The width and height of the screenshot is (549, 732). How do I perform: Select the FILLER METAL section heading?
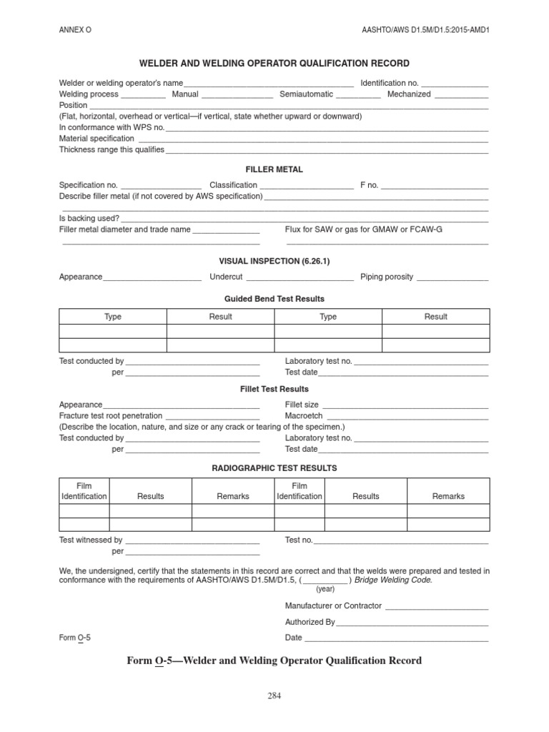274,169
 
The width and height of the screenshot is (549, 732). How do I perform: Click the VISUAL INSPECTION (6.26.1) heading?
274,261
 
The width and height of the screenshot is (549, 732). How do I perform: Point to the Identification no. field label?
390,84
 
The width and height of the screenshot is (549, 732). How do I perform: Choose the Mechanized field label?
409,94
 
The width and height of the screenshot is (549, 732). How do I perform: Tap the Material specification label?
97,139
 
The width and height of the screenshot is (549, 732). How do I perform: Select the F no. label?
369,185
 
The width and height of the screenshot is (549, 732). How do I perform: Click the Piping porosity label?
387,277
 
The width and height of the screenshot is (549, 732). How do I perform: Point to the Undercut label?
226,277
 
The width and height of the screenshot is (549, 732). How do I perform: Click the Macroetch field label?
304,416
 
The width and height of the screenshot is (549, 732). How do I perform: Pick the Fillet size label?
302,405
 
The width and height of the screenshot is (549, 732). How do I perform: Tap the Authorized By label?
310,622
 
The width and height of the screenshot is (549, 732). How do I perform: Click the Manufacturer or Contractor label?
333,606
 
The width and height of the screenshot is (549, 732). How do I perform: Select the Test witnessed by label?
91,540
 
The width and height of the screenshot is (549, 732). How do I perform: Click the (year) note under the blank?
325,589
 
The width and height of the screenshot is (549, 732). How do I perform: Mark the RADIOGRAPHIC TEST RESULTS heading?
274,468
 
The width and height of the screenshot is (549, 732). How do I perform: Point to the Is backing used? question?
89,218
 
